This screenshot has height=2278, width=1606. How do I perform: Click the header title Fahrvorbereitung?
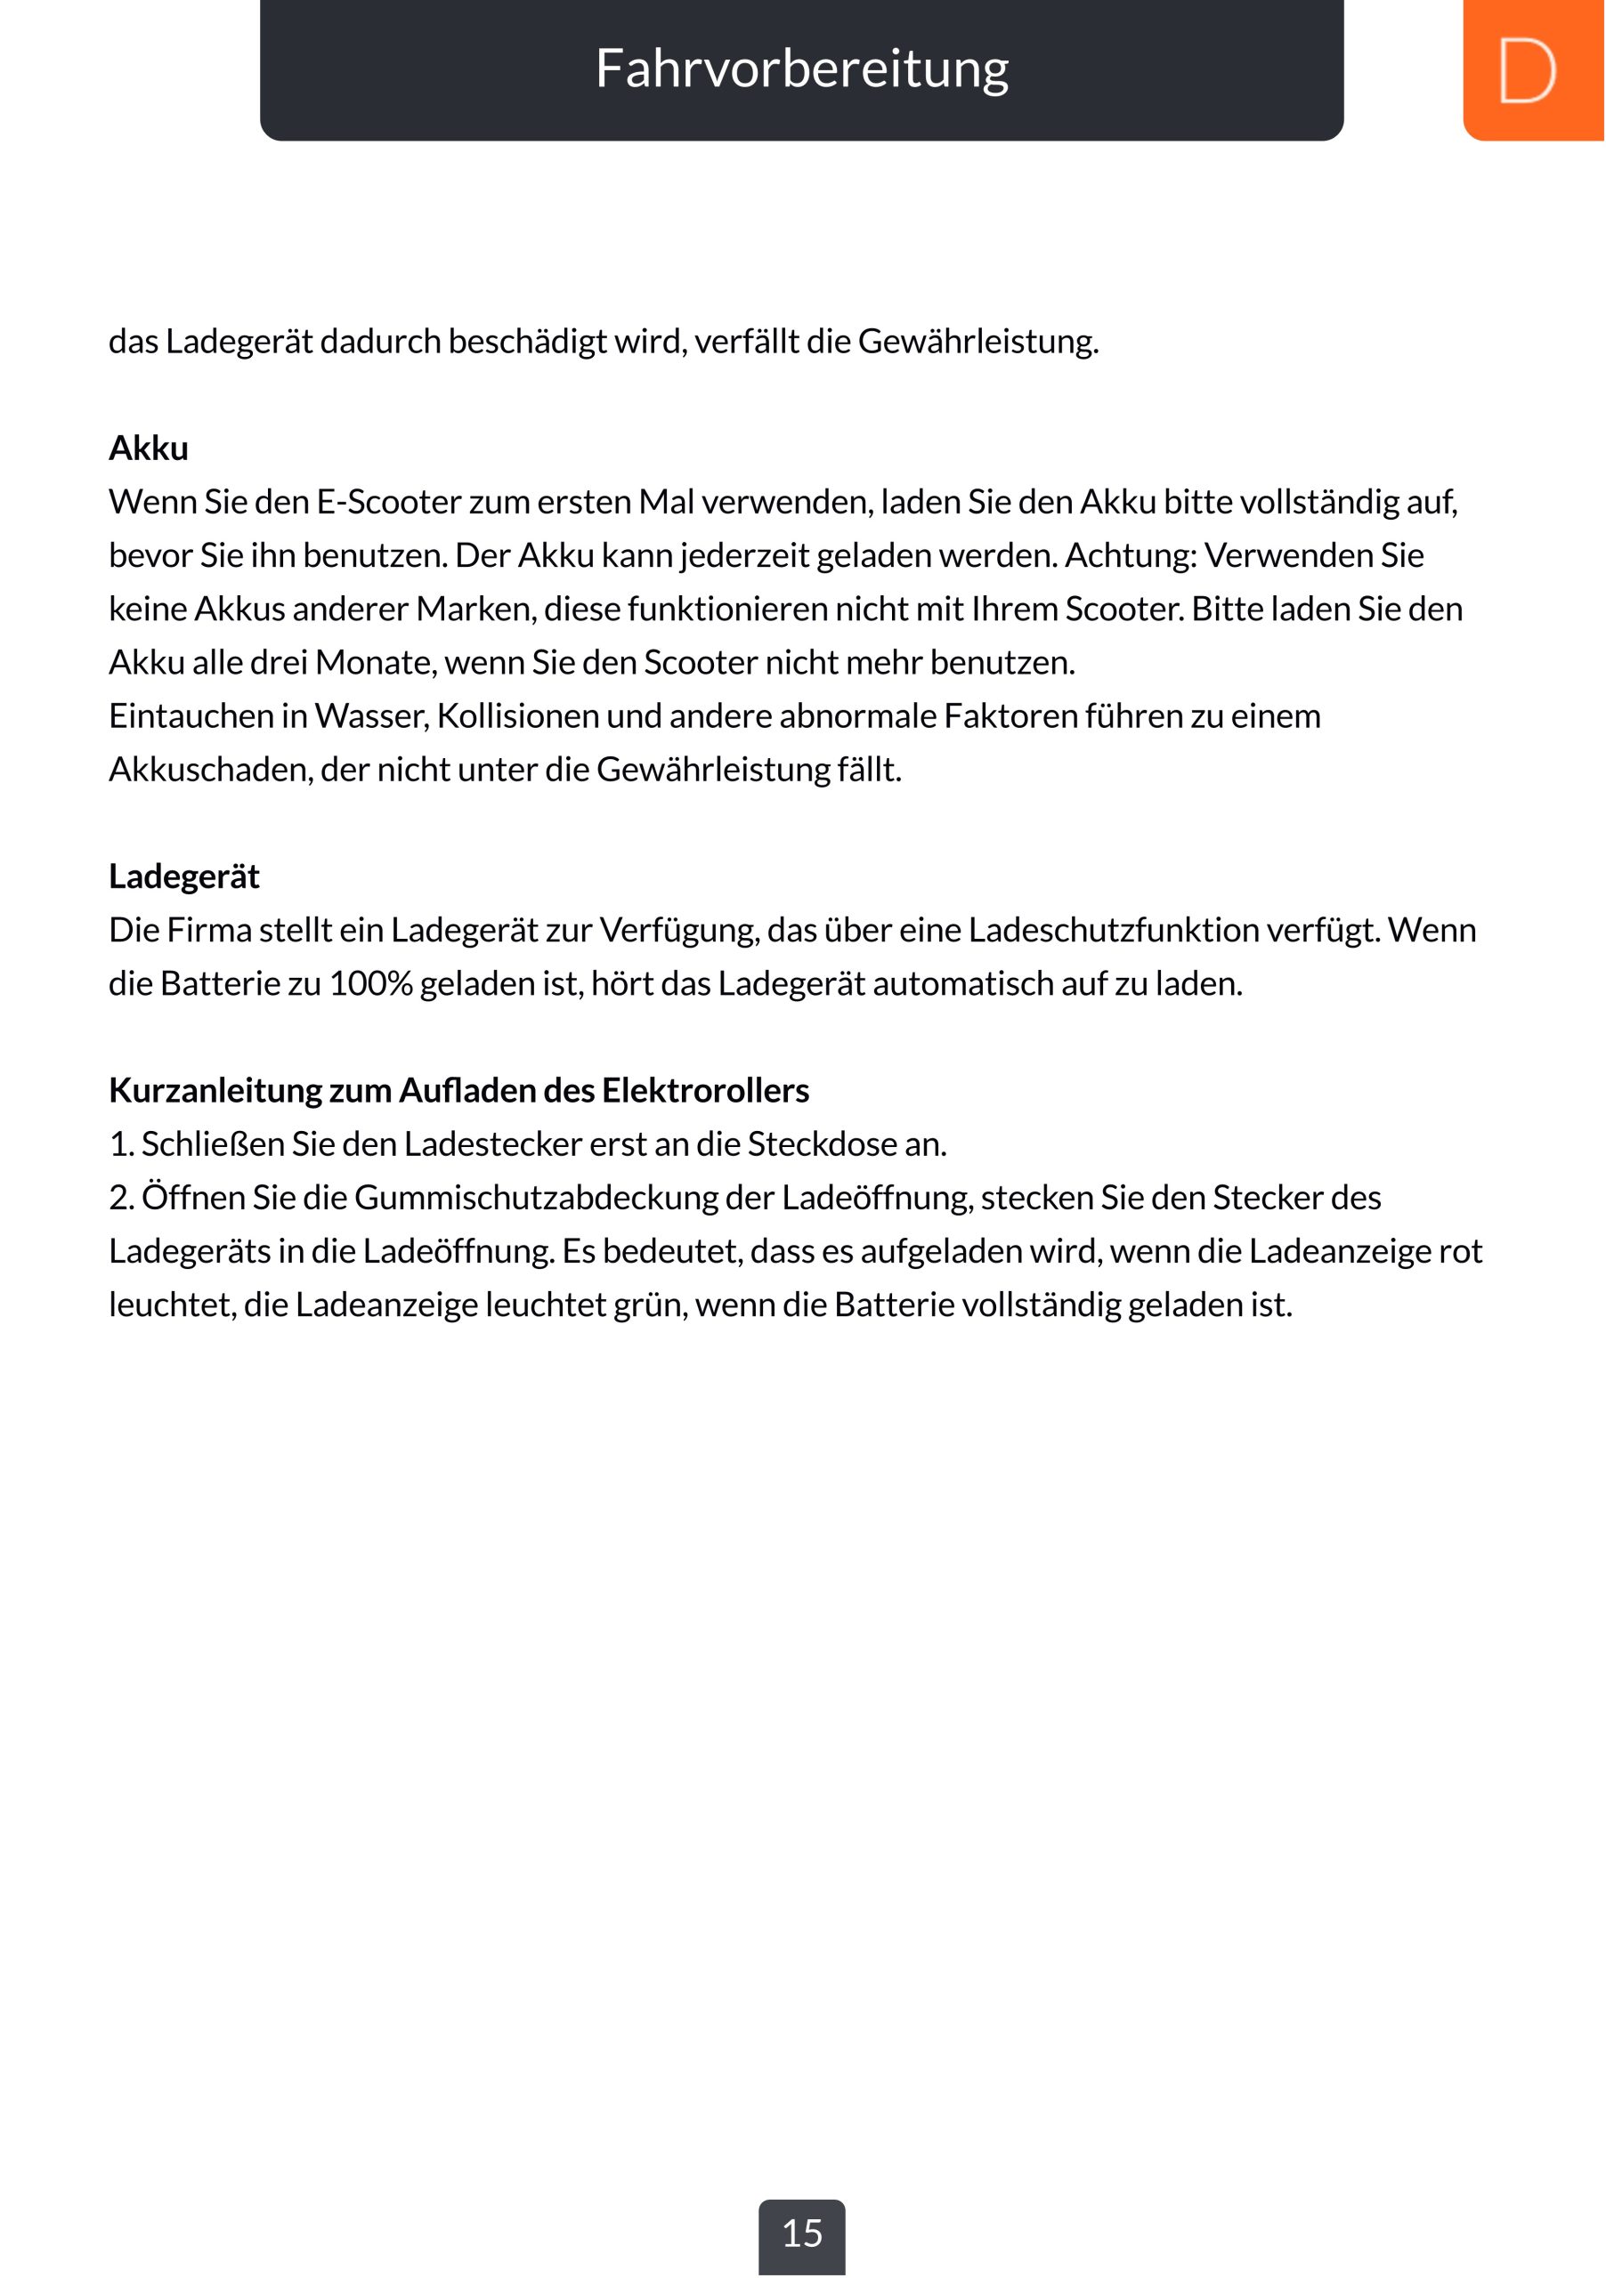pyautogui.click(x=802, y=69)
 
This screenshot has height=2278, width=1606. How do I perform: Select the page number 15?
pyautogui.click(x=802, y=2234)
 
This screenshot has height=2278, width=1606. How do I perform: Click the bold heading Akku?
pyautogui.click(x=149, y=448)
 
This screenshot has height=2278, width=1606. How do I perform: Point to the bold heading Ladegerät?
pyautogui.click(x=183, y=877)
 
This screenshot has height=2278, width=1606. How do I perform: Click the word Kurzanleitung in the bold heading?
pyautogui.click(x=215, y=1090)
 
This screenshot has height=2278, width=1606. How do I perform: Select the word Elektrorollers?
pyautogui.click(x=705, y=1090)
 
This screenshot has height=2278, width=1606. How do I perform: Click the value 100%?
pyautogui.click(x=371, y=984)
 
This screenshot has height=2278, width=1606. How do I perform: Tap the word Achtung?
pyautogui.click(x=1131, y=555)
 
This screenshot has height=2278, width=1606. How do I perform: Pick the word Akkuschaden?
pyautogui.click(x=210, y=770)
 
